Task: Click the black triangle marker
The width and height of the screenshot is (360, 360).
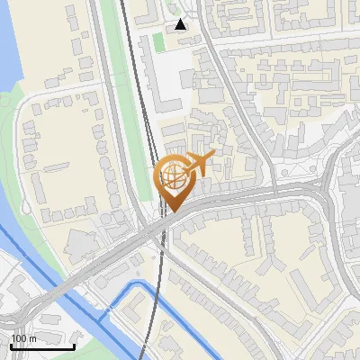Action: pos(181,24)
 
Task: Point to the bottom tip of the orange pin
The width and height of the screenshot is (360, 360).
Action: pos(172,212)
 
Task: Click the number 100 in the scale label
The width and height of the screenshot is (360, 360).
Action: pos(18,338)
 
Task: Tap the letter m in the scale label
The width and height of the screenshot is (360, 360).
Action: pos(31,338)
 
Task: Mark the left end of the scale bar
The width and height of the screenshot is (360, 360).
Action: pos(12,346)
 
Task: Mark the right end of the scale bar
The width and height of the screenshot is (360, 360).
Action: pos(75,346)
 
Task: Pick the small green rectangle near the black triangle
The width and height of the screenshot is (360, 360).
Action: pos(158,41)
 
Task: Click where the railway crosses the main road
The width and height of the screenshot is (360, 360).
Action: pos(161,229)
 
